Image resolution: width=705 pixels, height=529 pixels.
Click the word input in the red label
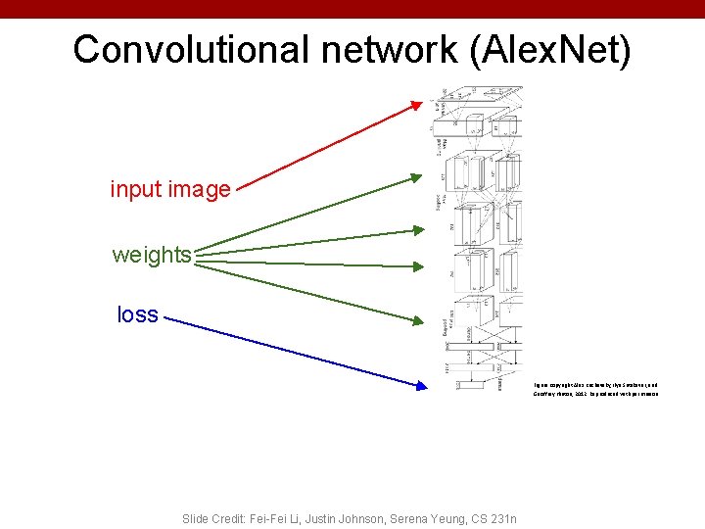[138, 189]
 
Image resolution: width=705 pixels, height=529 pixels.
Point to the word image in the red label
[201, 189]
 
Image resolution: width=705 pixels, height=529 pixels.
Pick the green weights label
[152, 255]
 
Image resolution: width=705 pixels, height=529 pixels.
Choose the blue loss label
[137, 314]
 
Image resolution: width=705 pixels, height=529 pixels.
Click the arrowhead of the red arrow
[427, 101]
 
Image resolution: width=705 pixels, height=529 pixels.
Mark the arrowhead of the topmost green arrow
[422, 177]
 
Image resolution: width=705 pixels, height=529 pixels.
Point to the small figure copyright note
[595, 390]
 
